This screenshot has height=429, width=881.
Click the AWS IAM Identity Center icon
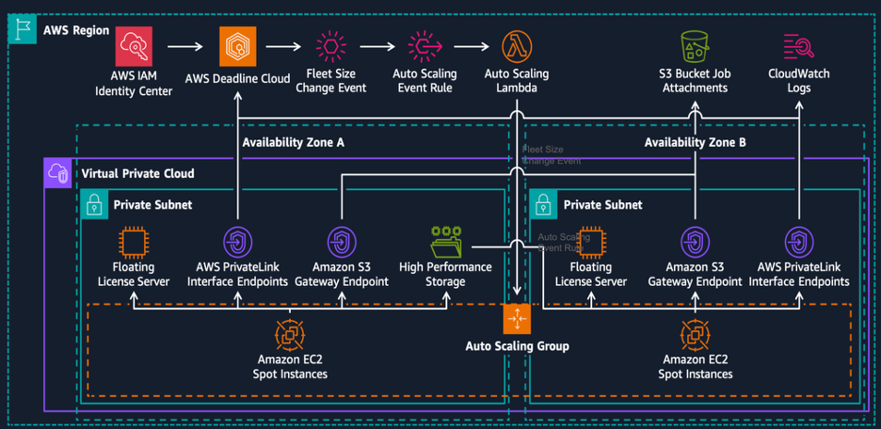(x=134, y=47)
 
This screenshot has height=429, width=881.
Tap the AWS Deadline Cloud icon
(x=237, y=47)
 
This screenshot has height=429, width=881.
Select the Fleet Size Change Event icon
(x=331, y=46)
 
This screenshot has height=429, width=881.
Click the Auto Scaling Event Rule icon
(x=424, y=46)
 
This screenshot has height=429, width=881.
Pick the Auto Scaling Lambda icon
(x=516, y=46)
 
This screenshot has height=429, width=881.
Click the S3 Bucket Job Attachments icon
(x=694, y=46)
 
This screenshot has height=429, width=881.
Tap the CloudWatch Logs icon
(x=798, y=46)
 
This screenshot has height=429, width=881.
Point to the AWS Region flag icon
(x=20, y=29)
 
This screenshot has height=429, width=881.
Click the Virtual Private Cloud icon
(x=58, y=173)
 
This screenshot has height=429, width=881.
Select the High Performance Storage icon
(x=445, y=242)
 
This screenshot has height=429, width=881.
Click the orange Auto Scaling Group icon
(x=517, y=319)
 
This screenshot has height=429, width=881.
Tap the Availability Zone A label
(x=293, y=143)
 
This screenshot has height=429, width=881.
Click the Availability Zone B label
(x=695, y=143)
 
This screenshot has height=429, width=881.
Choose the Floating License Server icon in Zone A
(x=134, y=242)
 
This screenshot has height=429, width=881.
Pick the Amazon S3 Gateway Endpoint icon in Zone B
(x=695, y=242)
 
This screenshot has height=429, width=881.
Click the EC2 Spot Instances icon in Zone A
(x=292, y=334)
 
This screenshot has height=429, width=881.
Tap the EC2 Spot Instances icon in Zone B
(x=695, y=334)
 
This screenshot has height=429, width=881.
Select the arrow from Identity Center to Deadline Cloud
(x=184, y=47)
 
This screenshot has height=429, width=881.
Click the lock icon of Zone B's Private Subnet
(x=544, y=204)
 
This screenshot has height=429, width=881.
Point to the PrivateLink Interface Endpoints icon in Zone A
(x=237, y=242)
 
